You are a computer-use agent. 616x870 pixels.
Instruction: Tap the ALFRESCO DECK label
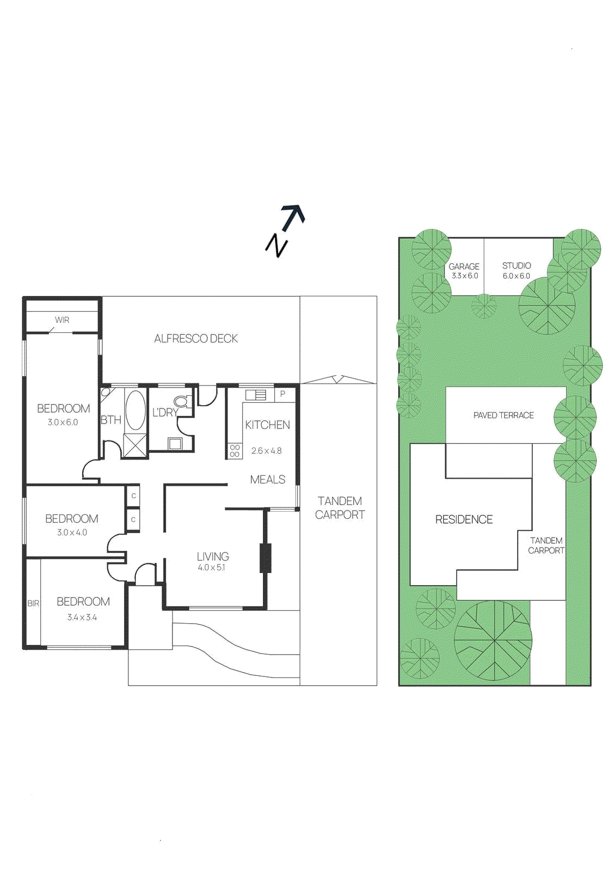(x=196, y=339)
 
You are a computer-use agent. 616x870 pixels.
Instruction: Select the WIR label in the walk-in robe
(x=62, y=320)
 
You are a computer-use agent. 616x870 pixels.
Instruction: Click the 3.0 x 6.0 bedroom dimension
(x=63, y=422)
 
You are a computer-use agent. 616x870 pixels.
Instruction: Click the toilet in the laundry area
(x=183, y=402)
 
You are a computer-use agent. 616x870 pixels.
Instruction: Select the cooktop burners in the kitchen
(x=235, y=451)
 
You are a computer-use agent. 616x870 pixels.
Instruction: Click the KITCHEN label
(x=267, y=425)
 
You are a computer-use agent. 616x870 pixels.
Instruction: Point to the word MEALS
(x=267, y=480)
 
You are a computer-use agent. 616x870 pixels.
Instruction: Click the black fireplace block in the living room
(x=266, y=558)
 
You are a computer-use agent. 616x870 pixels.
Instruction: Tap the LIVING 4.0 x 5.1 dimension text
(x=211, y=568)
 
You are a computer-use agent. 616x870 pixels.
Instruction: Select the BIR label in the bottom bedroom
(x=33, y=604)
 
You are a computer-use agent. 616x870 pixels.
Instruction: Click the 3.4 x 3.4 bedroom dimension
(x=82, y=618)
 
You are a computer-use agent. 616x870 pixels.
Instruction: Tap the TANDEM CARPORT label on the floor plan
(x=340, y=508)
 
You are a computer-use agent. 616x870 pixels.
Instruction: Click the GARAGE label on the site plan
(x=464, y=266)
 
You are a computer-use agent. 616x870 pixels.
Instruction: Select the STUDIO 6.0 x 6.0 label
(x=516, y=271)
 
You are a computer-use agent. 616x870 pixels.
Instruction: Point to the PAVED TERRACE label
(x=503, y=415)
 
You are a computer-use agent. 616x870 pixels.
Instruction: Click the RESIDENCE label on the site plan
(x=464, y=520)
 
